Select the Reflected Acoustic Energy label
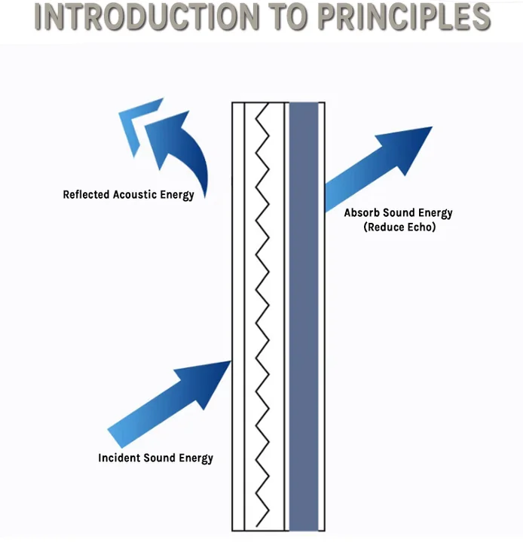pyautogui.click(x=128, y=195)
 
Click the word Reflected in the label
pyautogui.click(x=87, y=195)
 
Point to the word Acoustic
pyautogui.click(x=136, y=195)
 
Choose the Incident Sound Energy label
pyautogui.click(x=155, y=458)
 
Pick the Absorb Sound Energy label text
pyautogui.click(x=398, y=213)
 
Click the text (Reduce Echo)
pyautogui.click(x=398, y=227)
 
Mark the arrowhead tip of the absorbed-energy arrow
pyautogui.click(x=432, y=127)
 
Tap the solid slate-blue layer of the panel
pyautogui.click(x=304, y=316)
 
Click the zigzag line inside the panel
pyautogui.click(x=263, y=316)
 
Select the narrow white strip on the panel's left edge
pyautogui.click(x=238, y=316)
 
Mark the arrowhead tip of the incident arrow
pyautogui.click(x=230, y=361)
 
